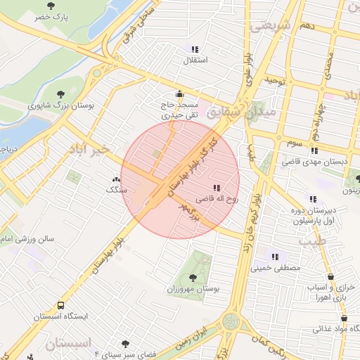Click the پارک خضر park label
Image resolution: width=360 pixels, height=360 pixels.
click(x=56, y=16)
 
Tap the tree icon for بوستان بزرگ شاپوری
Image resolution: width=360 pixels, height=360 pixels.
click(x=61, y=94)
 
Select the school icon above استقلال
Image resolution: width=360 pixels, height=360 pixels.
click(x=194, y=49)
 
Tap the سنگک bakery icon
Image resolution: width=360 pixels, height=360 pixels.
click(x=116, y=179)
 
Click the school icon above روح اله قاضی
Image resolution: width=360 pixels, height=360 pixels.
click(x=217, y=188)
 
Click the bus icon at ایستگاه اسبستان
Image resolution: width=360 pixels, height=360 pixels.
click(x=61, y=306)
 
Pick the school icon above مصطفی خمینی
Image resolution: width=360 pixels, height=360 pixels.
click(x=275, y=257)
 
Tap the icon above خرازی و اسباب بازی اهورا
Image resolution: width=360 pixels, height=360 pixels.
click(x=331, y=278)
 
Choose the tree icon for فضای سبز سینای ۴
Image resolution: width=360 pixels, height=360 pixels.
click(x=125, y=344)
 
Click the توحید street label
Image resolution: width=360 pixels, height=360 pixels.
click(x=276, y=82)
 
